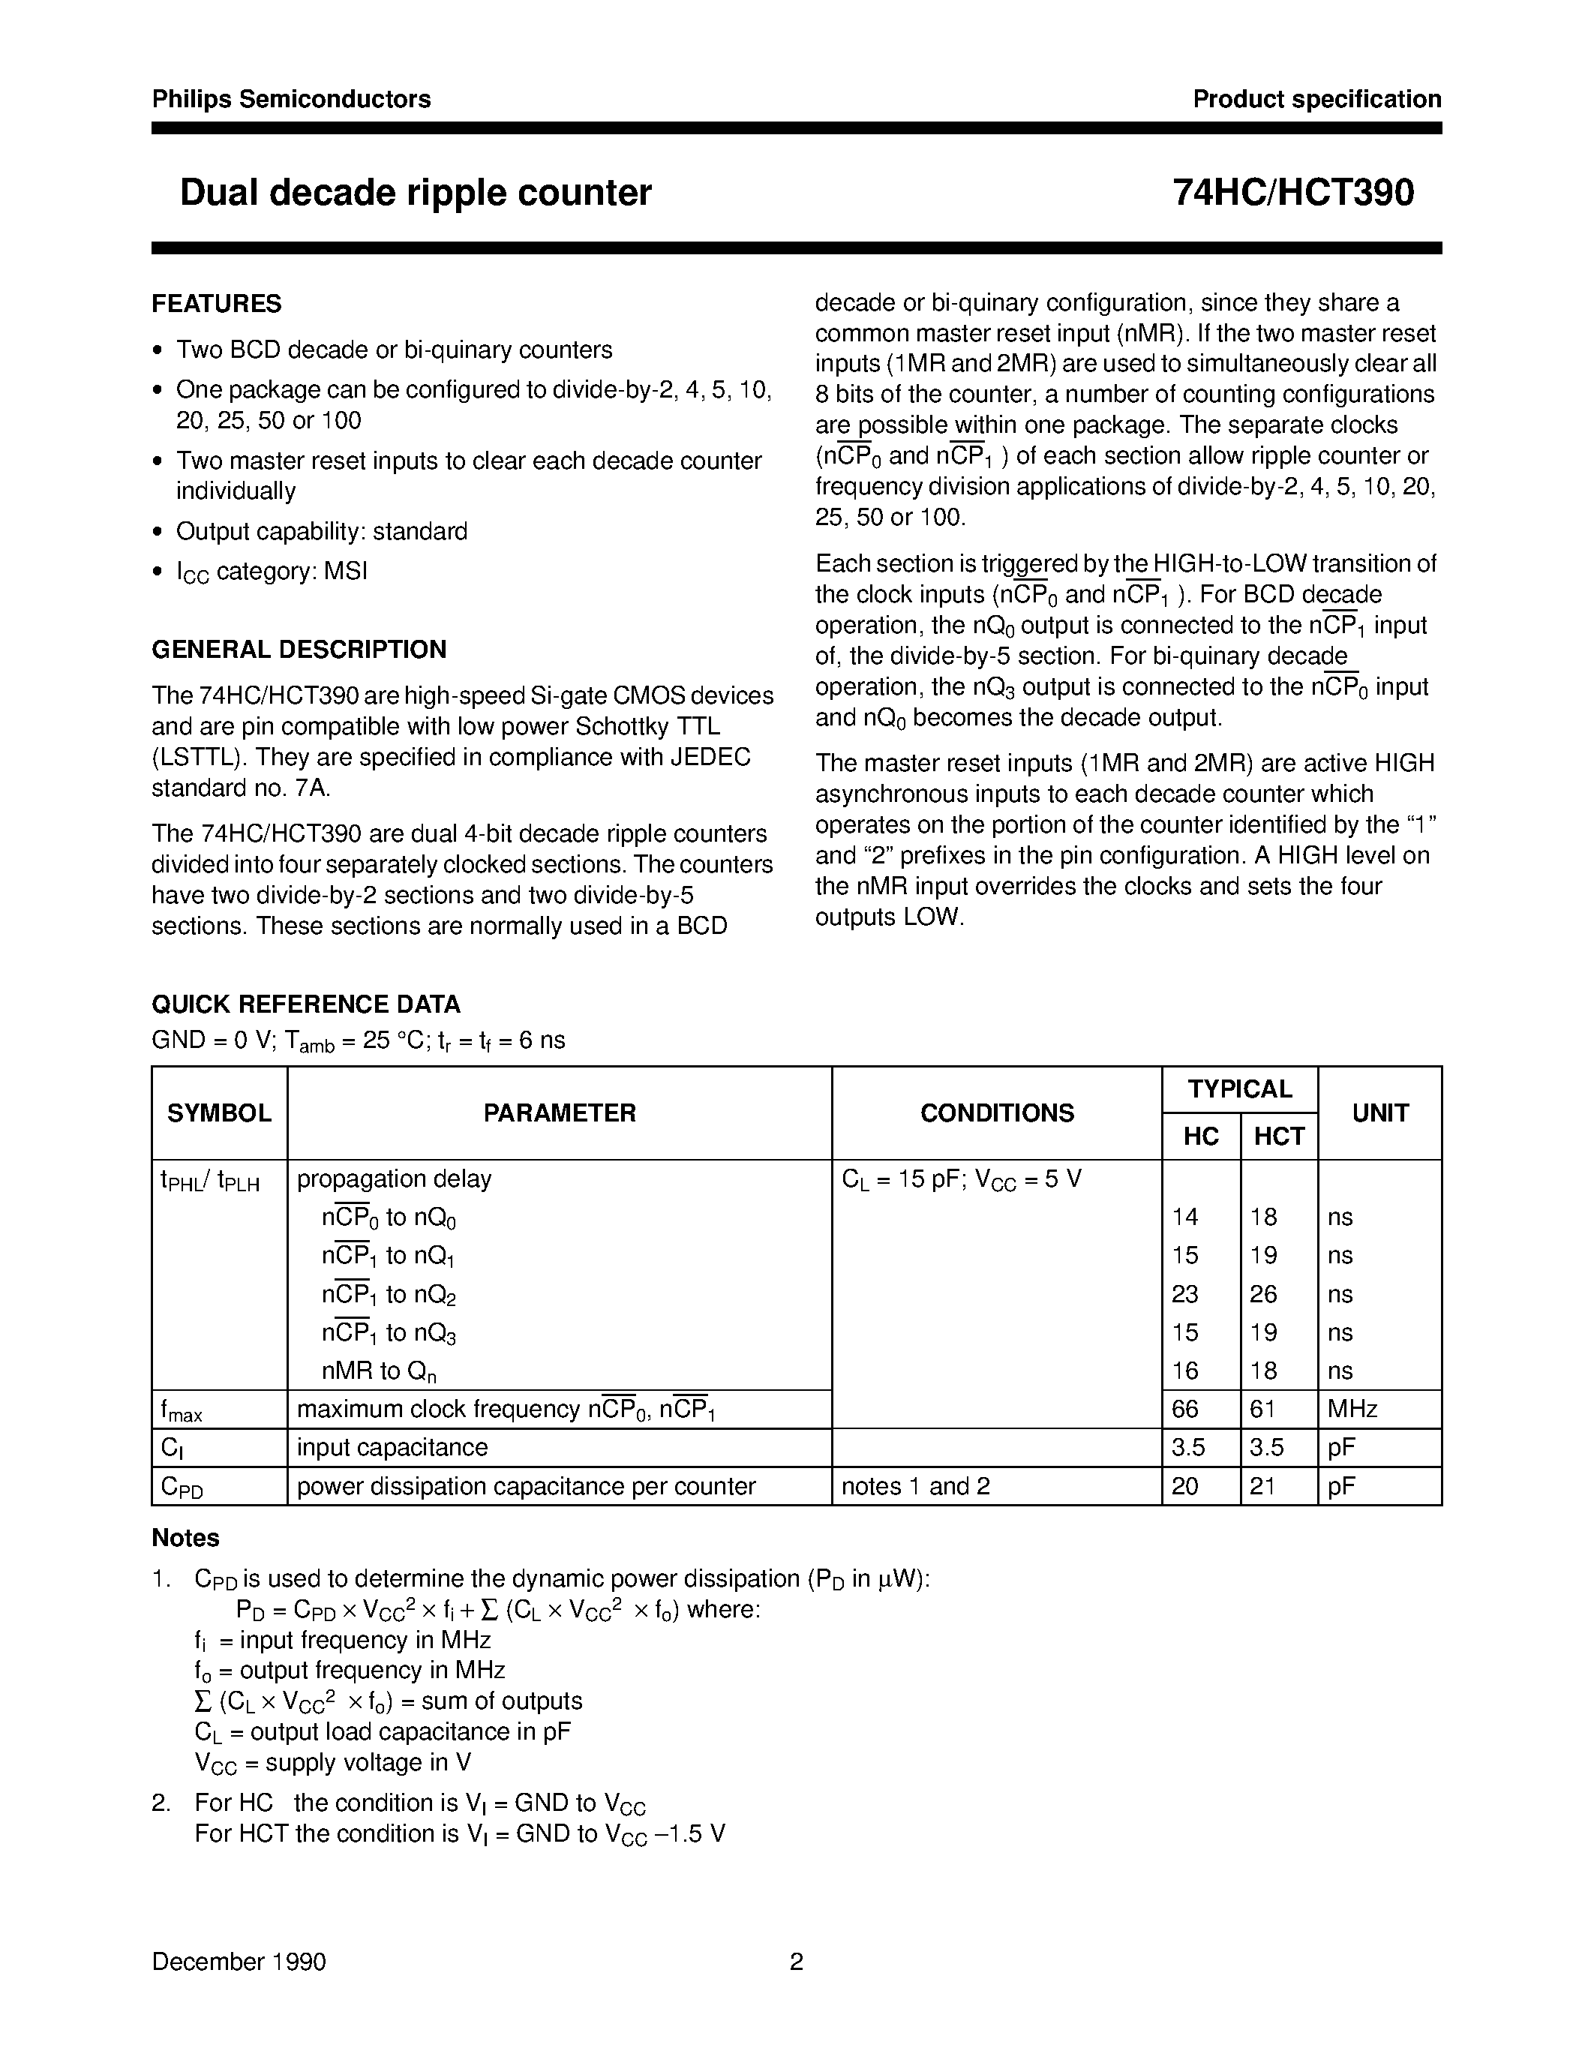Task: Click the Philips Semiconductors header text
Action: coord(291,99)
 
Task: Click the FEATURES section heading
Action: coord(216,304)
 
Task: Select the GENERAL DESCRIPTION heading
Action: coord(299,650)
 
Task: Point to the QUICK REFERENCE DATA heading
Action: coord(306,1004)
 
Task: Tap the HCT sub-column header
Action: coord(1279,1137)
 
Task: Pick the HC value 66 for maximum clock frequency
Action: coord(1185,1410)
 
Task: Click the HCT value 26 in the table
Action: coord(1263,1294)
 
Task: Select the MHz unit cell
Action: coord(1352,1410)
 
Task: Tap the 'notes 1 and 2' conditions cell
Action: coord(915,1487)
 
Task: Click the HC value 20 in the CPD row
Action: coord(1185,1487)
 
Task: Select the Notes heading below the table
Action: coord(185,1539)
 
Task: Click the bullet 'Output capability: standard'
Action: coord(321,532)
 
